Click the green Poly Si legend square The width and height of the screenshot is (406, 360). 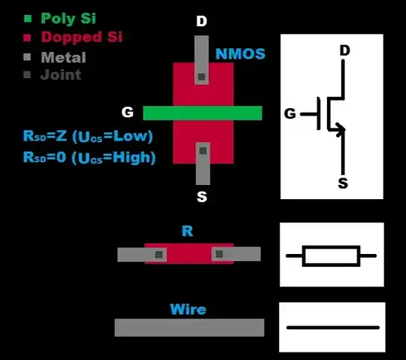27,18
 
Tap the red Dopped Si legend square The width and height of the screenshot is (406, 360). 27,37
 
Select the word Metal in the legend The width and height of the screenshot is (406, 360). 64,57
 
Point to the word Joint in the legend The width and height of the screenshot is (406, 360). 61,74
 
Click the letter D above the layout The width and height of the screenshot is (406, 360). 201,21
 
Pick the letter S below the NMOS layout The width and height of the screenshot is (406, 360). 201,198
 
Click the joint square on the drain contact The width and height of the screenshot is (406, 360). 201,77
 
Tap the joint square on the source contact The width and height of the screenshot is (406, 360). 201,151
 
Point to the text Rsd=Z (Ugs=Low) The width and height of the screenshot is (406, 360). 88,137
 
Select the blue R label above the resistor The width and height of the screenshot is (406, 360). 187,231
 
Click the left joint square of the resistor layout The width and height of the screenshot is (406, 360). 159,254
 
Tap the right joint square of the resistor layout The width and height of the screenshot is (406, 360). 219,254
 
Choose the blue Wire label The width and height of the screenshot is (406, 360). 188,309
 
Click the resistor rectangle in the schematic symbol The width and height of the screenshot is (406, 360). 332,256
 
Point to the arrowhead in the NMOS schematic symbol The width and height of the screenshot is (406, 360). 342,130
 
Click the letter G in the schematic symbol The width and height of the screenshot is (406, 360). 290,114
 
